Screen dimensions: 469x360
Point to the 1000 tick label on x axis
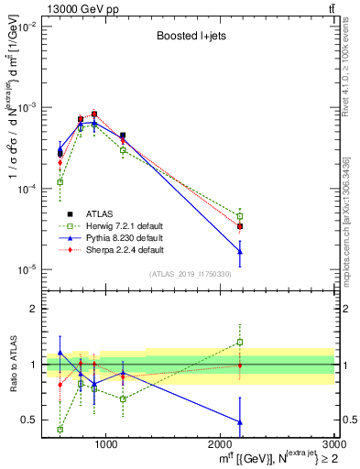[x=106, y=444]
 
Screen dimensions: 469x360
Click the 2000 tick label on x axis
[x=221, y=444]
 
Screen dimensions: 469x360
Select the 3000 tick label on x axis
[x=333, y=444]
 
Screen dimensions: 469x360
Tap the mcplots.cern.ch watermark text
[x=351, y=211]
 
